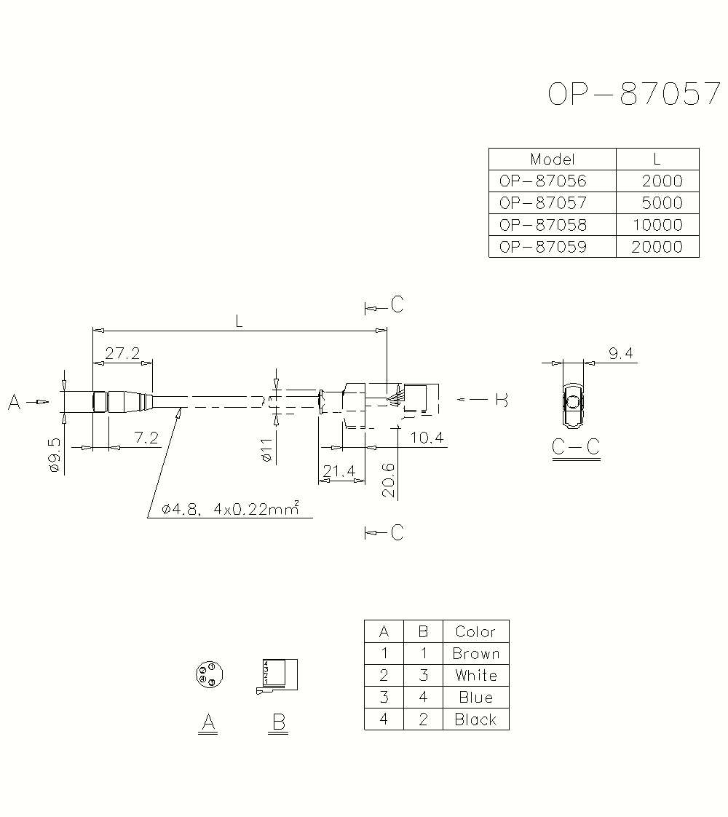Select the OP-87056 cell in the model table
[542, 181]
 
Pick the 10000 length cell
[657, 224]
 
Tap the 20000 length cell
[657, 246]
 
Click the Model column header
[553, 159]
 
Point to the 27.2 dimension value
[122, 354]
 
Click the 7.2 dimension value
[146, 438]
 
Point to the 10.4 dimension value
[426, 437]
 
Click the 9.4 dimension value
[621, 354]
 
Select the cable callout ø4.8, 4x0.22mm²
[230, 510]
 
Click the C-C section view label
[575, 446]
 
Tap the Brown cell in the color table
[475, 653]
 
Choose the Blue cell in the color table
[475, 697]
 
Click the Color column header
[475, 631]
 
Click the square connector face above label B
[280, 675]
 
